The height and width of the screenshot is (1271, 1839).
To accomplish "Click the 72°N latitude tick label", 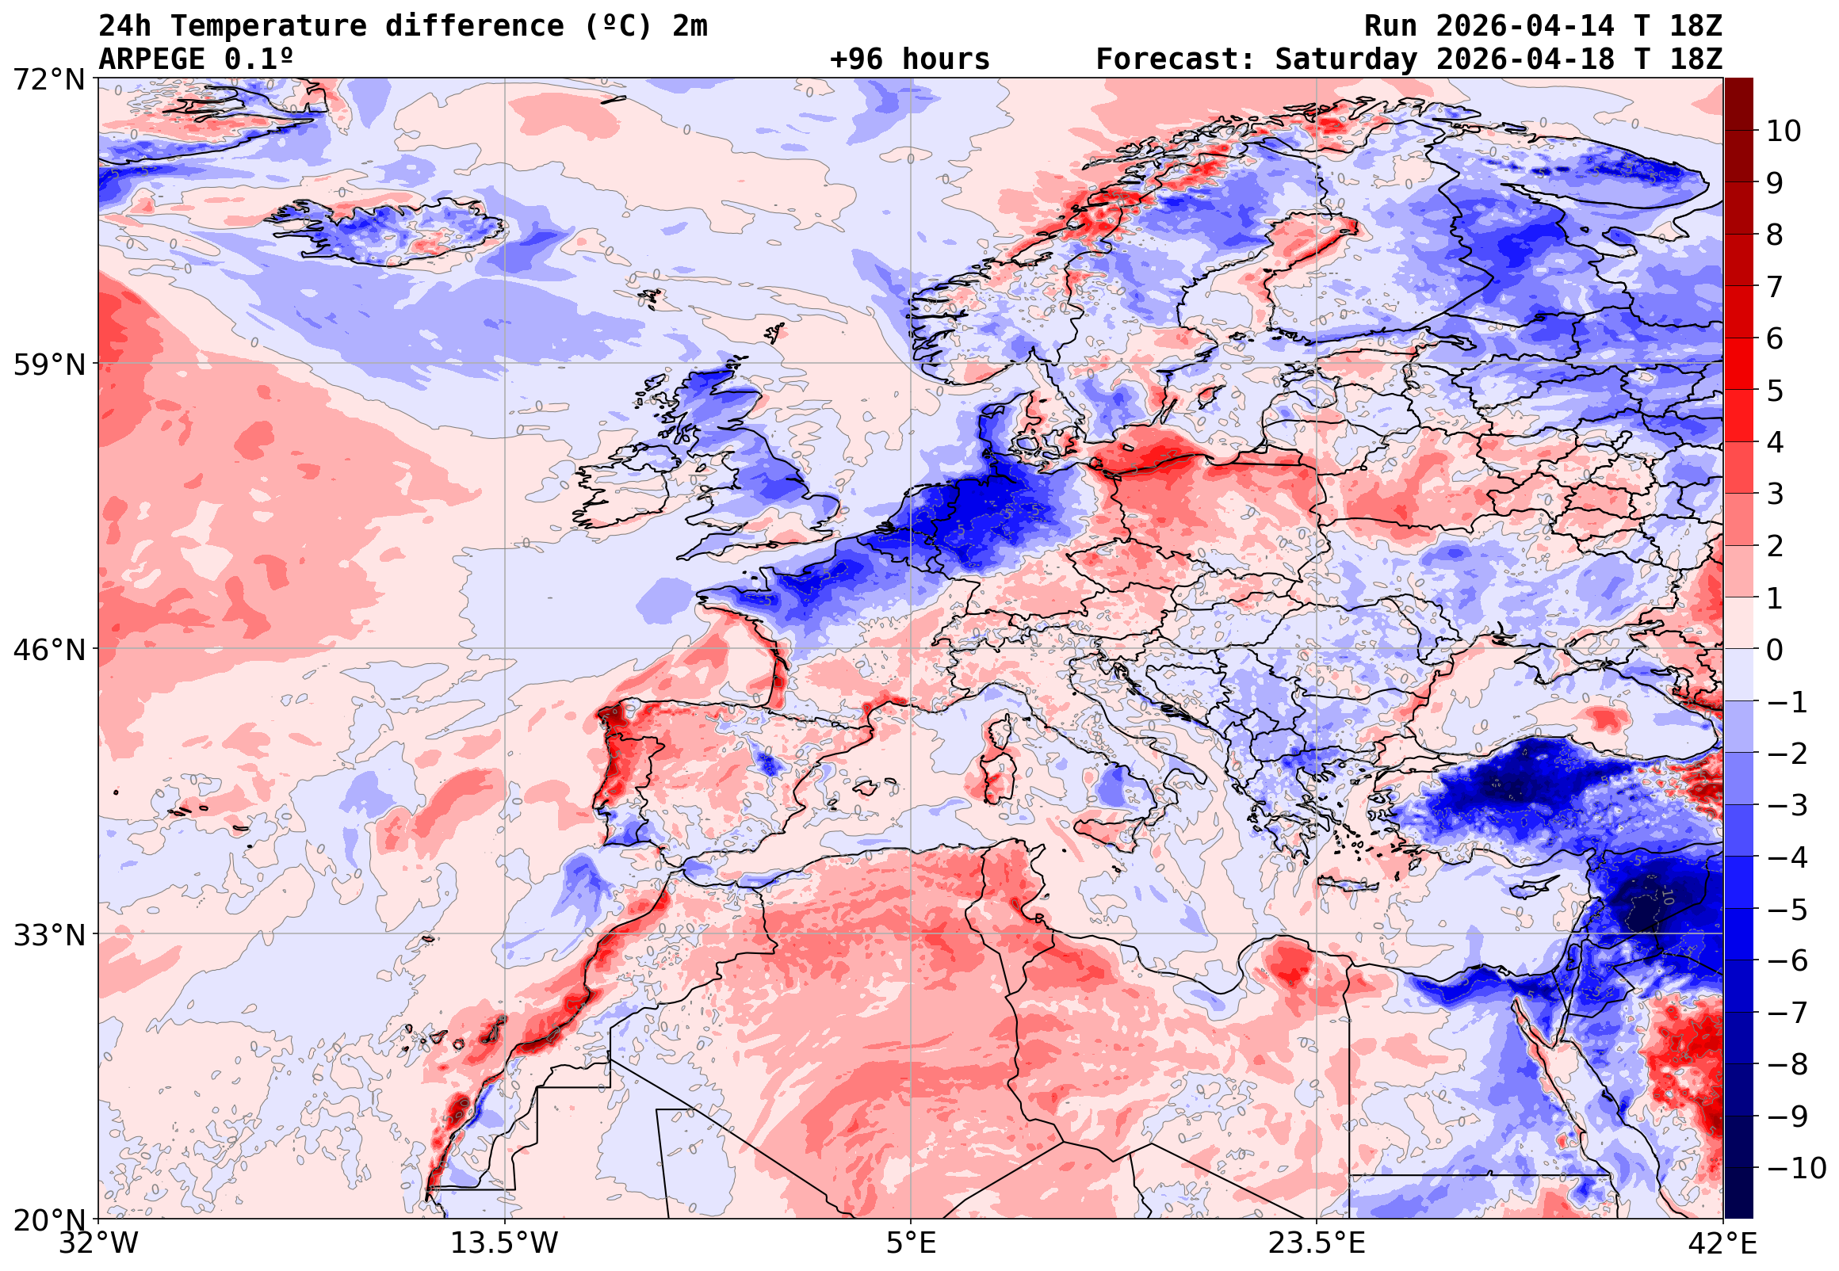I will [x=48, y=80].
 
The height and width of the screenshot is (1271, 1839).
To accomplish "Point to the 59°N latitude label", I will [x=48, y=365].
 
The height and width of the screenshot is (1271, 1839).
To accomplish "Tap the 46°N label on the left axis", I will [x=48, y=650].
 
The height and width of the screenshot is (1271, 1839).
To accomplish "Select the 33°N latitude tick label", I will [x=48, y=934].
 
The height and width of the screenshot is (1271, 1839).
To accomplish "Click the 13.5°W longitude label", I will [x=504, y=1243].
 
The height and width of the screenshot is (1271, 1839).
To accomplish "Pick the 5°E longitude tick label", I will [x=910, y=1243].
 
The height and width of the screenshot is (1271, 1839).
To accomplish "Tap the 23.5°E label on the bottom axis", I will [x=1317, y=1243].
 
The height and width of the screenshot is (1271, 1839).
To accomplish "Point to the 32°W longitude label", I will [x=99, y=1243].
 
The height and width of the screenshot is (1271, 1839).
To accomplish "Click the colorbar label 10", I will [x=1783, y=131].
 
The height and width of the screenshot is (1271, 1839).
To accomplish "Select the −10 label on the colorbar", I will [x=1795, y=1168].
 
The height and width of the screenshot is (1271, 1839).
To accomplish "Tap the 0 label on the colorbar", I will [x=1775, y=650].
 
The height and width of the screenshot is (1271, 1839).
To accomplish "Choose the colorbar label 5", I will [x=1775, y=391].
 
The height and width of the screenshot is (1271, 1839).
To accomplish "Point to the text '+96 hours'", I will [x=909, y=59].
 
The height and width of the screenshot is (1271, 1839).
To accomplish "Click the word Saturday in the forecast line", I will [x=1346, y=59].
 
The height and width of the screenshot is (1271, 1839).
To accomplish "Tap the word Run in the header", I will [x=1390, y=25].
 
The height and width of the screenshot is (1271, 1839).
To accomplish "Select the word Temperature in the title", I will [x=269, y=25].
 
